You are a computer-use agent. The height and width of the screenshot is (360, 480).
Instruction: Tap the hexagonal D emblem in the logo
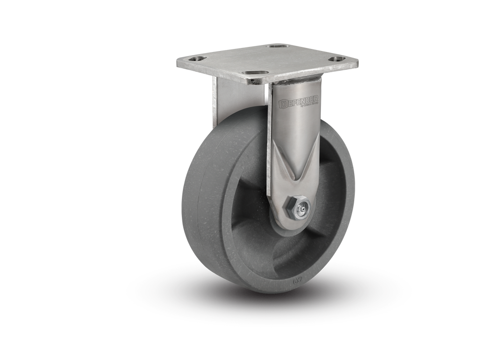[284, 104]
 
